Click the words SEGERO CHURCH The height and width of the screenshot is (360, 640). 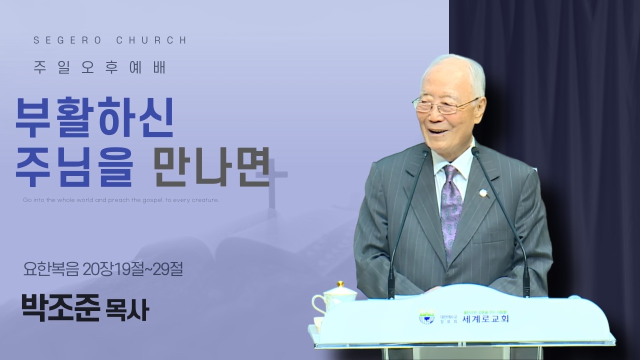click(110, 40)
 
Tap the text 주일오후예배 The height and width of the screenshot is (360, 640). click(100, 68)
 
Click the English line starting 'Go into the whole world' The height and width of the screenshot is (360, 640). click(121, 200)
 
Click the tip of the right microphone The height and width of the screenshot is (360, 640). click(475, 150)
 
